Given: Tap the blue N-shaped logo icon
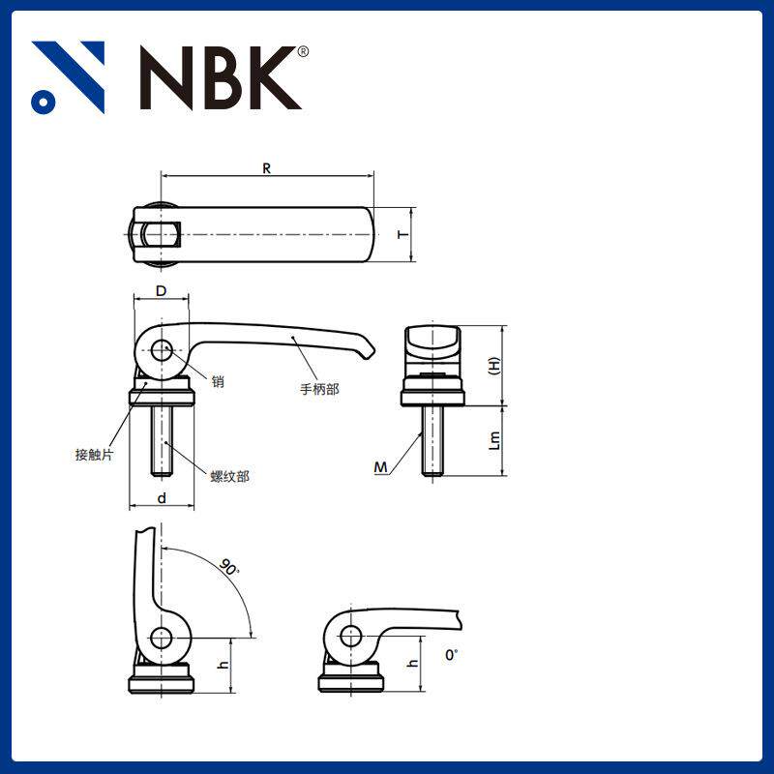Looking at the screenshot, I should [68, 77].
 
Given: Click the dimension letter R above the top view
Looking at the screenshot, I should [266, 167].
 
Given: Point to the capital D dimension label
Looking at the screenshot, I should [162, 290].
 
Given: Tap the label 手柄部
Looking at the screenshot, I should [320, 390].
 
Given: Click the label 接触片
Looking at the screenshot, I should [95, 454].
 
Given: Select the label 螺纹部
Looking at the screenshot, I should [229, 476].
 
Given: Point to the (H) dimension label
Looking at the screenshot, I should [494, 366].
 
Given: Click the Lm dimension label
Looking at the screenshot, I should [494, 441].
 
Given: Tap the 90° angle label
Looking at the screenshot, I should [229, 568].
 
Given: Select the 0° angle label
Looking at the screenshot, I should [451, 655].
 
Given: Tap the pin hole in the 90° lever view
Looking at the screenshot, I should [162, 638].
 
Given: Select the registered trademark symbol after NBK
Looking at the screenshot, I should [303, 51].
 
